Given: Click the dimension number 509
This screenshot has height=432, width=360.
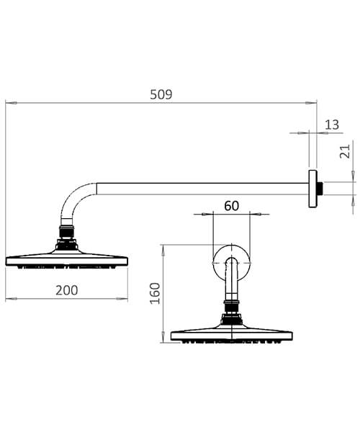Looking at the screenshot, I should pos(162,94).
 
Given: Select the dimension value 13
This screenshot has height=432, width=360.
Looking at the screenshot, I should pos(332,125).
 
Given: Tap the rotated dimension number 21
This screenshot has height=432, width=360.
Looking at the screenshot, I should pos(345,150).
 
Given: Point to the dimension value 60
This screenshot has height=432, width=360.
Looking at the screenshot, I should pos(231,205).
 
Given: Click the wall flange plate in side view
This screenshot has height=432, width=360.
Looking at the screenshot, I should pos(312,189).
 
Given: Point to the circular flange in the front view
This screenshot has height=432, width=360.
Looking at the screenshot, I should pos(231,265).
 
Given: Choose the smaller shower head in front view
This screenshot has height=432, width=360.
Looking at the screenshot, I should pos(232,334).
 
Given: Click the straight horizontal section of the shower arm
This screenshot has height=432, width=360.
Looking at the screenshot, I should pos(202,189).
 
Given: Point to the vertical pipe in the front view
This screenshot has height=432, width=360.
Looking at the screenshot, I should pos(231,288).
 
